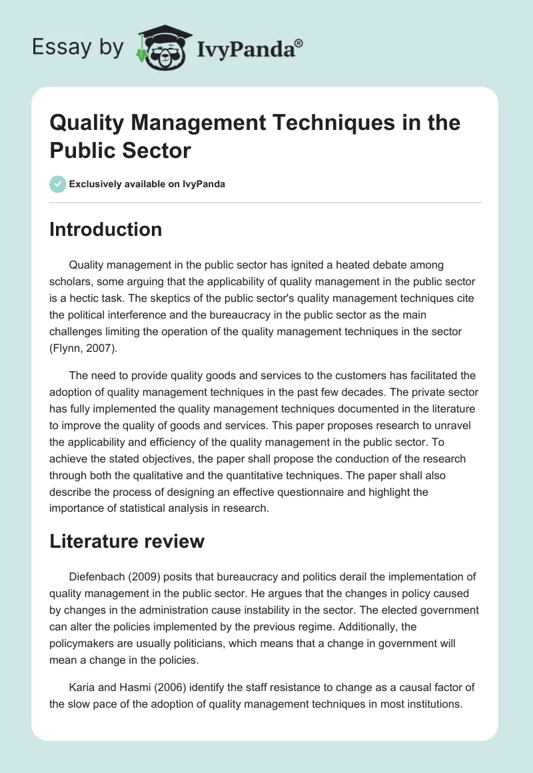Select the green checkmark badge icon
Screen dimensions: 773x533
point(58,184)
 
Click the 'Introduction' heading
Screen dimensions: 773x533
point(106,229)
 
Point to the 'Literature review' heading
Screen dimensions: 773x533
point(127,541)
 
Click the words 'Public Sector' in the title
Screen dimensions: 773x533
point(121,151)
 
